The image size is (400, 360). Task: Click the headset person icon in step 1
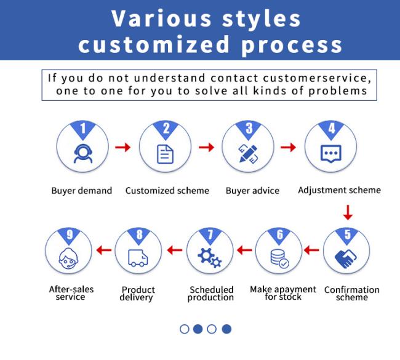tap(83, 154)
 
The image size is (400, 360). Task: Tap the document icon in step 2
tap(165, 154)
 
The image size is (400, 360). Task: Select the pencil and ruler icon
tap(248, 154)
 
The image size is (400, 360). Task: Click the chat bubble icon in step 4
tap(331, 154)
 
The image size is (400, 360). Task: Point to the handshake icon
tap(345, 258)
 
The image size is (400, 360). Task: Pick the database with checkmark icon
tap(280, 258)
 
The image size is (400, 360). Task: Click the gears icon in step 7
tap(210, 258)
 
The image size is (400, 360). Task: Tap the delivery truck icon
tap(138, 258)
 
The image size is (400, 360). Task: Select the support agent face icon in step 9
tap(68, 258)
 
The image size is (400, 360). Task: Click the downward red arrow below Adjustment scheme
tap(348, 212)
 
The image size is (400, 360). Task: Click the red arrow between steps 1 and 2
tap(122, 147)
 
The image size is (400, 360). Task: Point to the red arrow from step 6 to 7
tap(244, 250)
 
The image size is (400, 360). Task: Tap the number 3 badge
tap(249, 129)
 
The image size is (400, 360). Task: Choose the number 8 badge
tap(139, 234)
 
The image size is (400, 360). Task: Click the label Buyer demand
tap(82, 191)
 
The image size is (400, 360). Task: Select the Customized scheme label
tap(167, 191)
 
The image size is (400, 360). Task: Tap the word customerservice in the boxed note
tap(317, 78)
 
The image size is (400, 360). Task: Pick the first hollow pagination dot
tap(185, 329)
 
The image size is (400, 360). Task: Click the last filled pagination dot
tap(226, 329)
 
